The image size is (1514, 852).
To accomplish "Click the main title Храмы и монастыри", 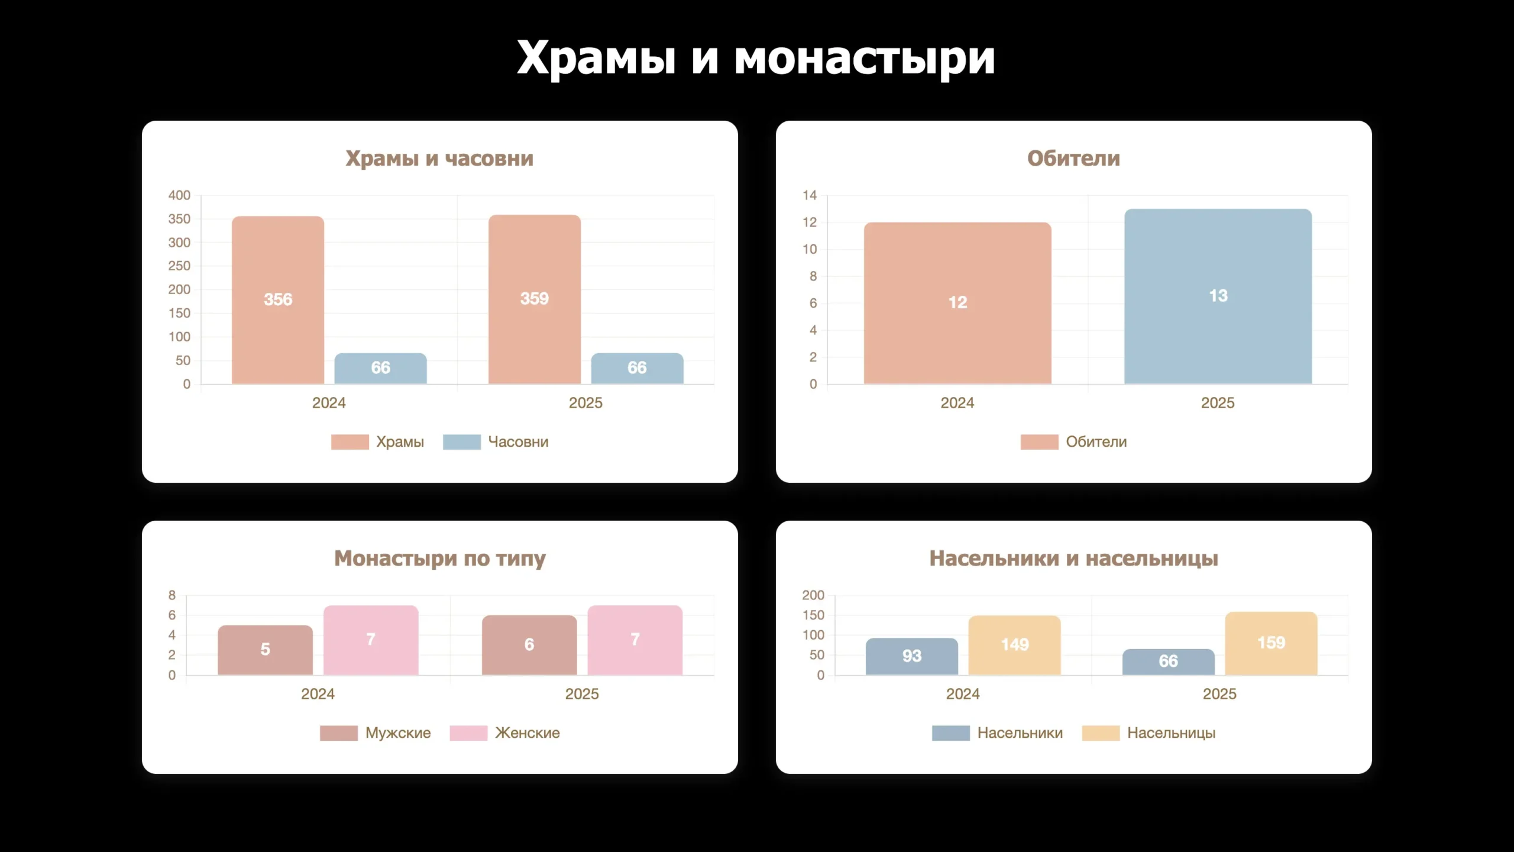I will coord(756,58).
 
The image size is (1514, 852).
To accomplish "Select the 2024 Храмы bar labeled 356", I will coord(277,299).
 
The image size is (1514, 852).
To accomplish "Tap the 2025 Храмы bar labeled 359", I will coord(534,298).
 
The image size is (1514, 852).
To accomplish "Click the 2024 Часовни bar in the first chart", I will coord(380,368).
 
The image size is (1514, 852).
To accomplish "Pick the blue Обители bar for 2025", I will coord(1218,296).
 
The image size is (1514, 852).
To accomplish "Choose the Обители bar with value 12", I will coord(957,302).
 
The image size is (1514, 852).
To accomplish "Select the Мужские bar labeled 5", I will coord(265,650).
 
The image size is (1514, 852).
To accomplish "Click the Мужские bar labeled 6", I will coord(529,645).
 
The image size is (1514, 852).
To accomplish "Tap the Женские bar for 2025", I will coord(635,640).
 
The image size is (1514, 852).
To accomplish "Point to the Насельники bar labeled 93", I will coord(911,656).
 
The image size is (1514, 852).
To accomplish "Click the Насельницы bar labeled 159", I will coord(1271,643).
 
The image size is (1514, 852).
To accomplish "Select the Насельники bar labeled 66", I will coord(1168,661).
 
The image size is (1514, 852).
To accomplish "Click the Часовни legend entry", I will coord(496,442).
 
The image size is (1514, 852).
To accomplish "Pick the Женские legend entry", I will coord(504,733).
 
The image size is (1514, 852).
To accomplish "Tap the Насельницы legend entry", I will coord(1149,733).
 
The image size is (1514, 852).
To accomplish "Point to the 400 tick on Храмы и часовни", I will coord(179,195).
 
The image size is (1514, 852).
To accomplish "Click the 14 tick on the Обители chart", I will coord(809,195).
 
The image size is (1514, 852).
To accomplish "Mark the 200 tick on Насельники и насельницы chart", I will coord(813,595).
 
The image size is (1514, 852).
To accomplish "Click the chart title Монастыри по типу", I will coord(439,559).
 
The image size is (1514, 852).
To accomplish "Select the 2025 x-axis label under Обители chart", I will coord(1217,403).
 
